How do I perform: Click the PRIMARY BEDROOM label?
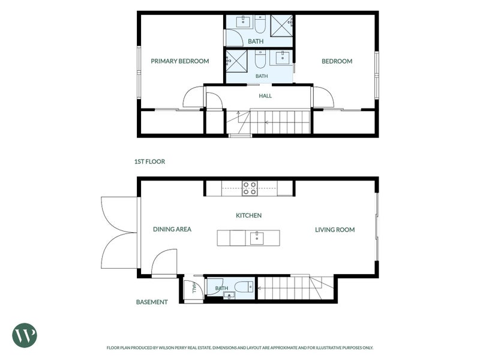(x=180, y=61)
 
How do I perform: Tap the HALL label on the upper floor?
(x=265, y=96)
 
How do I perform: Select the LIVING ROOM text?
(x=335, y=230)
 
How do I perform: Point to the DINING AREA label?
(x=172, y=229)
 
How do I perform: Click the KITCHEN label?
(x=248, y=215)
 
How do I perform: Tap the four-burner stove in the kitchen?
(x=250, y=188)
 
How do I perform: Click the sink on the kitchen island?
(x=257, y=238)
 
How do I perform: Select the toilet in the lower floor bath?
(x=244, y=287)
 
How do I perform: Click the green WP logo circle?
(x=25, y=335)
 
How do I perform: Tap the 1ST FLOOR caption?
(x=149, y=161)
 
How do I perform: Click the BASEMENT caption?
(x=152, y=302)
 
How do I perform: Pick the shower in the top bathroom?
(x=281, y=26)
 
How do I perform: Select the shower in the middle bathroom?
(x=236, y=61)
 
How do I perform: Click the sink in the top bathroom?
(x=244, y=22)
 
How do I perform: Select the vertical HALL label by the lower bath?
(x=194, y=288)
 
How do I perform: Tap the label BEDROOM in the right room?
(x=337, y=61)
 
